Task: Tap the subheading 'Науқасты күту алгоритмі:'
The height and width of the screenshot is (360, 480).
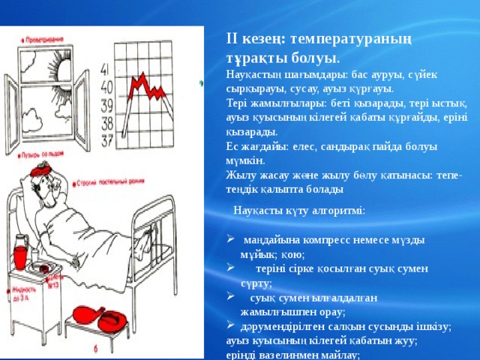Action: [299, 211]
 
